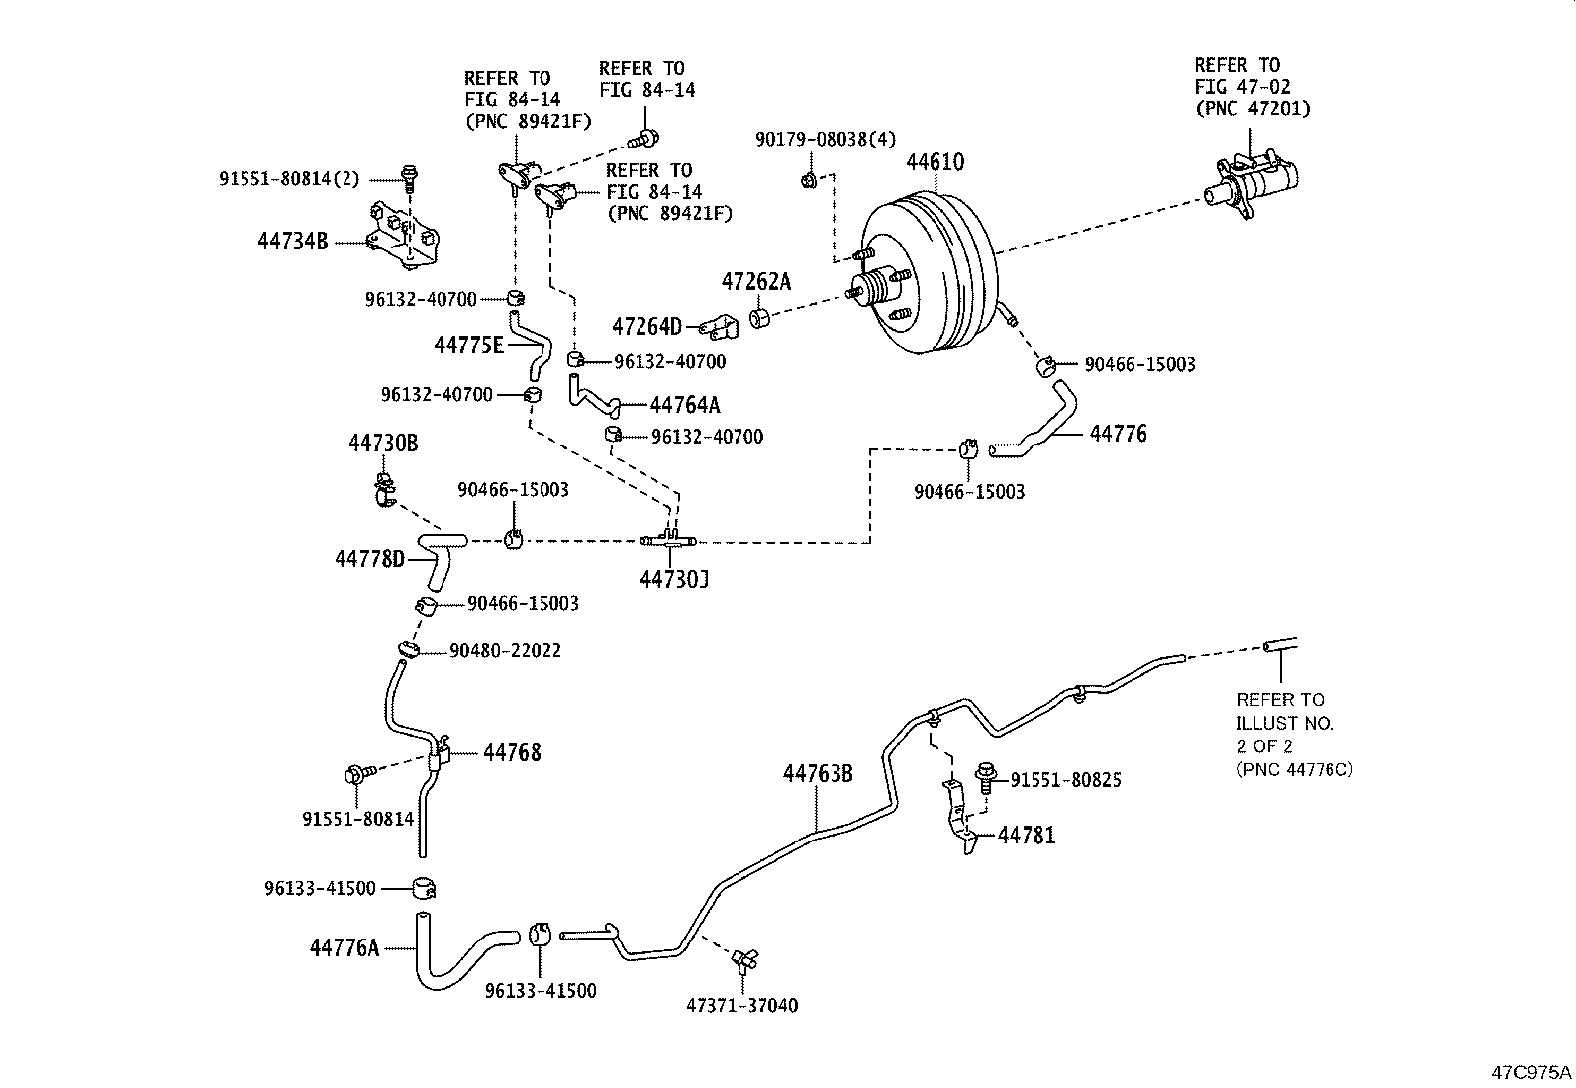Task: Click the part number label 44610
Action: (936, 162)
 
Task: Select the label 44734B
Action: (292, 241)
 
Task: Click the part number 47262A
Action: (756, 282)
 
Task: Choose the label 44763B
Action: (818, 773)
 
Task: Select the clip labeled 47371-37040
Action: (744, 958)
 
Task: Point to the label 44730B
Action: (383, 444)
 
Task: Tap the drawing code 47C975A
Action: (1531, 1072)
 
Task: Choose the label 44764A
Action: (685, 405)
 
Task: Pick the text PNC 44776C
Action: (1294, 769)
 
